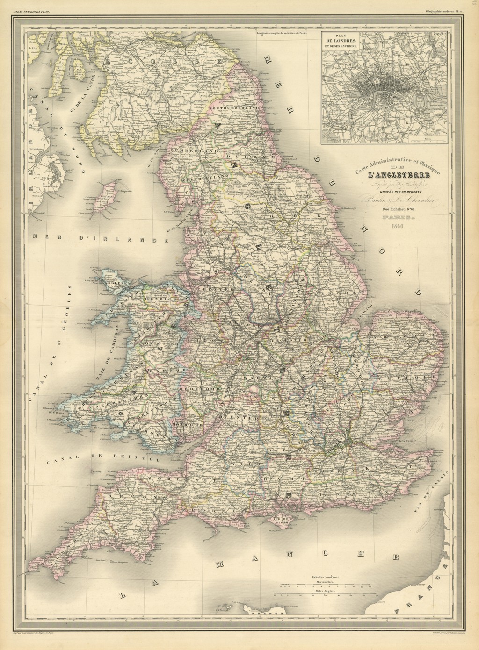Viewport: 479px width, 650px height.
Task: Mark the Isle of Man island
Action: (x=109, y=193)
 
